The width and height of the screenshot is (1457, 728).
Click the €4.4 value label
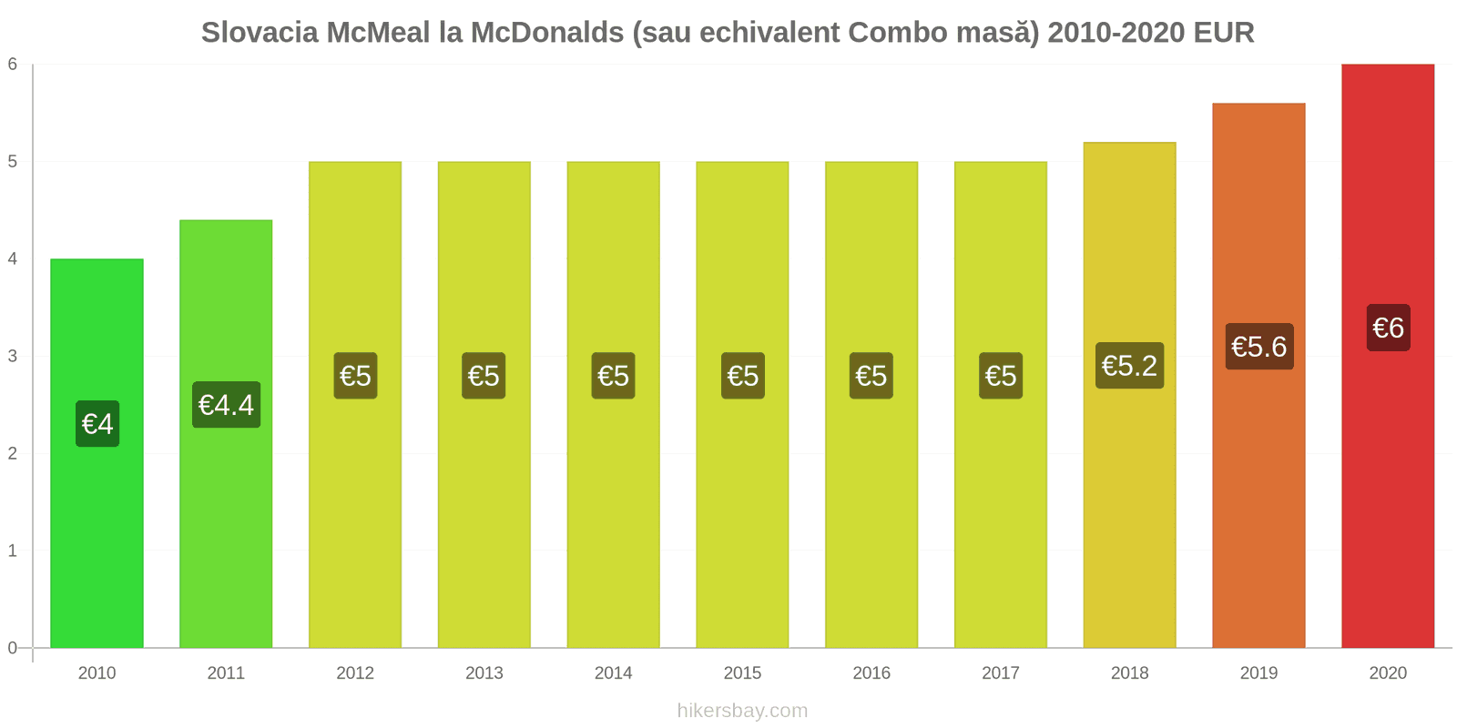tap(226, 405)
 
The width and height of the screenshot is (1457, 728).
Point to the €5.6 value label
tap(1258, 347)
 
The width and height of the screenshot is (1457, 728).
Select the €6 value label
tap(1388, 328)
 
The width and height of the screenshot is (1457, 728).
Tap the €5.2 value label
tap(1129, 366)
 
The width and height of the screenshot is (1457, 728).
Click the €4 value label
tap(97, 424)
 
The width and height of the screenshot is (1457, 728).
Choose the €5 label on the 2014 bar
tap(613, 376)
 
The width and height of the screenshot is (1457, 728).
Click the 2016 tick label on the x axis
tap(871, 673)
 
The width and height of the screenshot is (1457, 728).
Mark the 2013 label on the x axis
tap(484, 673)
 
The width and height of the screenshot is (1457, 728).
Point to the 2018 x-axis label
tap(1129, 673)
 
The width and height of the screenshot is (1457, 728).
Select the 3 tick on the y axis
tap(13, 356)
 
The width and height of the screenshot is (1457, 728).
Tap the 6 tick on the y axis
tap(13, 64)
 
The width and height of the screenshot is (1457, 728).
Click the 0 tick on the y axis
tap(13, 648)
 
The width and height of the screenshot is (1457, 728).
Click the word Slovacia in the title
tap(260, 33)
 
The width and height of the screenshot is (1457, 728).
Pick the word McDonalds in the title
tap(545, 33)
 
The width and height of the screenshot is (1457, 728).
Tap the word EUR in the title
tap(1224, 33)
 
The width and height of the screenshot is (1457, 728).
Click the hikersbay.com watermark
tap(742, 711)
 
